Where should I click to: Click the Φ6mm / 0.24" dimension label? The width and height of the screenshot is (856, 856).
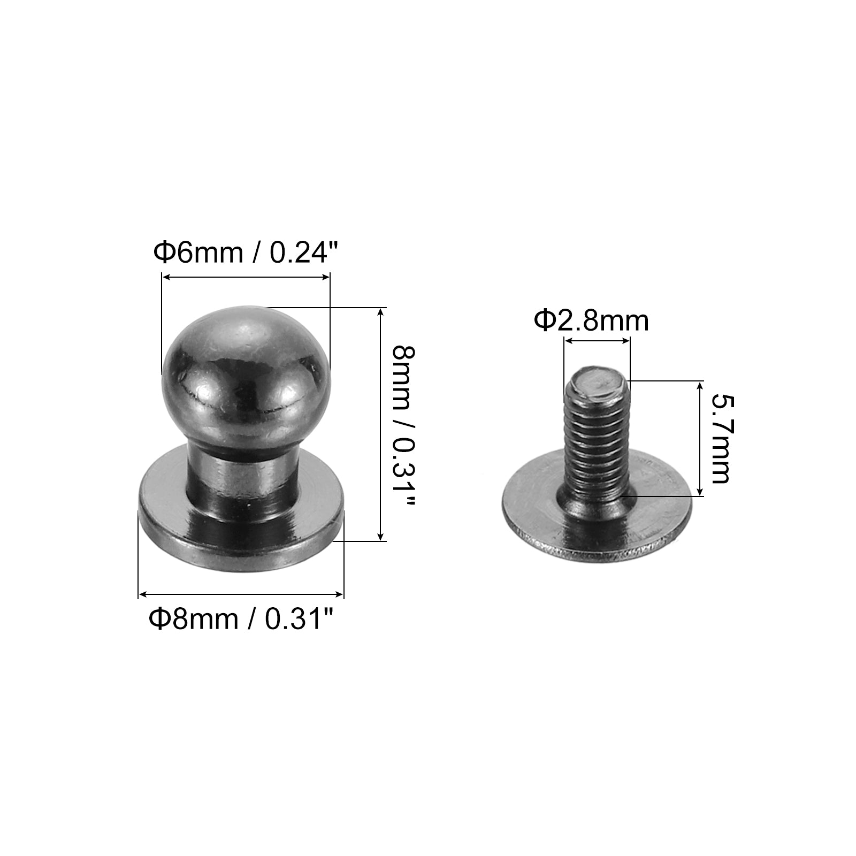point(247,253)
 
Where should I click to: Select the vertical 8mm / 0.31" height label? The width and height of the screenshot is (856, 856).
point(403,425)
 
